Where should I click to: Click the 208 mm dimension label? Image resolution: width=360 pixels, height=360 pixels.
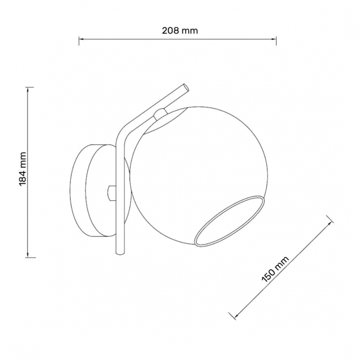tap(180, 31)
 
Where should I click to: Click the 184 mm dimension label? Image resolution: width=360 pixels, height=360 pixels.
tap(23, 169)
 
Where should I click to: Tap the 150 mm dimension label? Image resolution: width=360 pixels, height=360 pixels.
tap(275, 269)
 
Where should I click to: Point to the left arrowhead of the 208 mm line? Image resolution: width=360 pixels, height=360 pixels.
tap(81, 39)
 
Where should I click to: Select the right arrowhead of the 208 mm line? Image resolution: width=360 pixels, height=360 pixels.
tap(274, 39)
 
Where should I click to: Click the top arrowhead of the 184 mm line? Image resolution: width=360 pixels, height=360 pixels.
tap(28, 89)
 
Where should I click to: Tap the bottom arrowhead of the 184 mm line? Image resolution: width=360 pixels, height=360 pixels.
tap(28, 255)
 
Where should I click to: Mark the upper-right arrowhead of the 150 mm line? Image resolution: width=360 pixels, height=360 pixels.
tap(330, 223)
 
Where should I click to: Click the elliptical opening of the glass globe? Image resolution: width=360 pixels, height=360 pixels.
tap(230, 221)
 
